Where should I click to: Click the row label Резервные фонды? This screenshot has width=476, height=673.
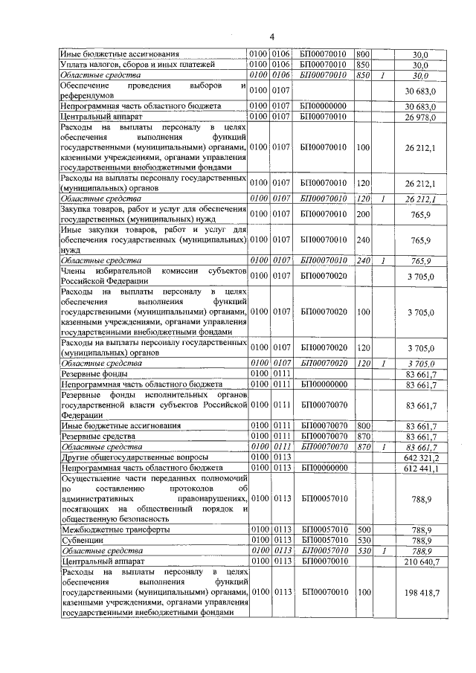point(89,373)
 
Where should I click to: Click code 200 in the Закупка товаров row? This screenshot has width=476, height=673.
point(363,215)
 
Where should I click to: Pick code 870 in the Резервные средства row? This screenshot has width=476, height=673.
point(363,436)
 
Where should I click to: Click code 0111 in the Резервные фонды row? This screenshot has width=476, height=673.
point(280,373)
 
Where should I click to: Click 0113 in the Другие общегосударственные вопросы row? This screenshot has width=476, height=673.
point(280,457)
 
